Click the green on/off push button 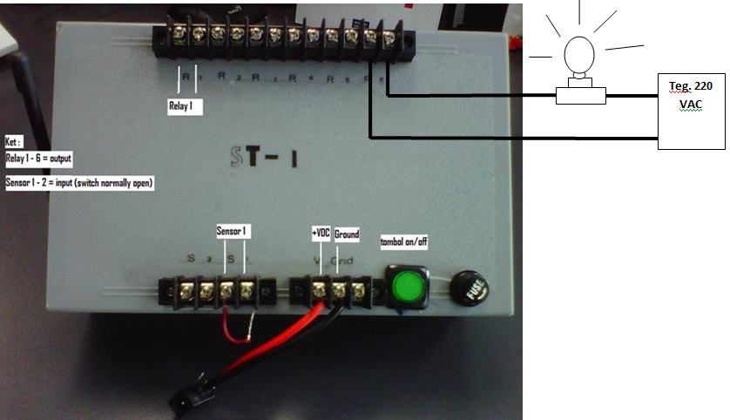coord(404,288)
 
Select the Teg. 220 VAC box coord(690,111)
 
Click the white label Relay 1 coord(185,106)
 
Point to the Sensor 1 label coord(233,232)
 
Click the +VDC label coord(320,234)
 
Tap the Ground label coord(347,234)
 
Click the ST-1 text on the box coord(267,159)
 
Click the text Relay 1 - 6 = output coord(38,159)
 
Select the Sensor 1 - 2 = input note coord(79,183)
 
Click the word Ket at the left coord(13,140)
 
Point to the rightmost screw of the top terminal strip coord(389,38)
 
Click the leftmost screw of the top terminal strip coord(179,33)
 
